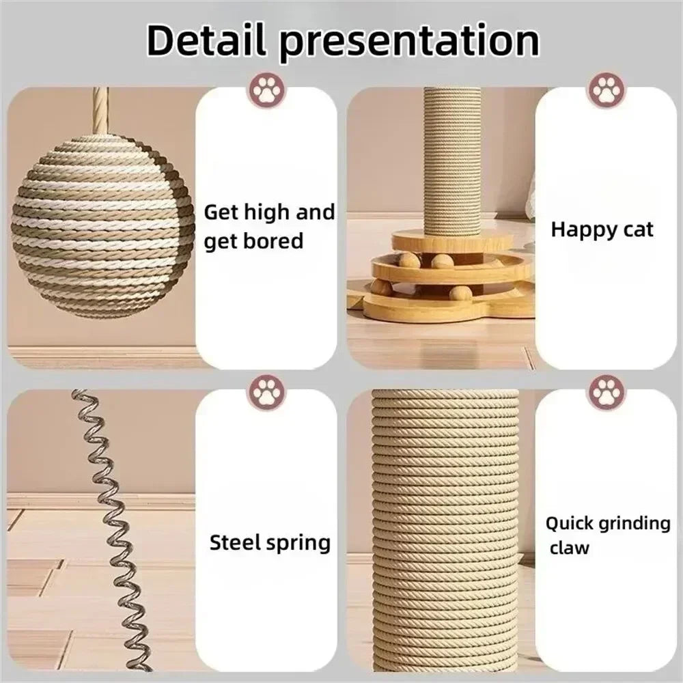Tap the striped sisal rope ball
pos(102,225)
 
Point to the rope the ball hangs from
pos(100,109)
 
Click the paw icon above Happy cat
pos(605,89)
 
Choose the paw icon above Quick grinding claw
pos(605,392)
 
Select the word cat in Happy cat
pos(636,230)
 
